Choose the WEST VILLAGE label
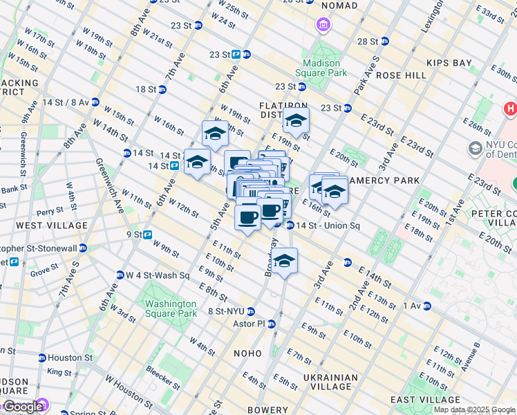point(52,225)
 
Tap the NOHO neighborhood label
point(247,353)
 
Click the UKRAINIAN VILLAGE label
point(330,382)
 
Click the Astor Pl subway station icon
point(272,324)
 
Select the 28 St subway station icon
point(385,41)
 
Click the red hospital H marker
point(511,109)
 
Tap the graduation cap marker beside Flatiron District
point(296,120)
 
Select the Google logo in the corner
point(23,406)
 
